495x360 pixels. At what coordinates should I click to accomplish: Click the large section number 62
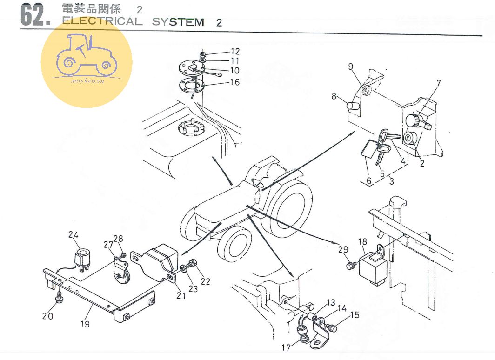pyautogui.click(x=35, y=15)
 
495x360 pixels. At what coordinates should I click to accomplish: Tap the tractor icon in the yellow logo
pyautogui.click(x=86, y=56)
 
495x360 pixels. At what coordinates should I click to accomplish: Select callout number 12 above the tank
pyautogui.click(x=234, y=52)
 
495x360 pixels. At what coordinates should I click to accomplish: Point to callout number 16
pyautogui.click(x=234, y=82)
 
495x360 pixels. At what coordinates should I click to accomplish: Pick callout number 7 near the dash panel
pyautogui.click(x=438, y=84)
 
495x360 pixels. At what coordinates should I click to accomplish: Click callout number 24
pyautogui.click(x=74, y=234)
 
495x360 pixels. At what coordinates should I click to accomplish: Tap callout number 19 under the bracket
pyautogui.click(x=85, y=324)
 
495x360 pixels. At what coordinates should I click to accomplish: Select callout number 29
pyautogui.click(x=343, y=250)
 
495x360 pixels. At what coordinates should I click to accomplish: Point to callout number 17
pyautogui.click(x=286, y=347)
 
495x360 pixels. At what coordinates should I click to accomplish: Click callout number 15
pyautogui.click(x=355, y=315)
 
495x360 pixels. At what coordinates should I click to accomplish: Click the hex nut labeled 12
pyautogui.click(x=203, y=55)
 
